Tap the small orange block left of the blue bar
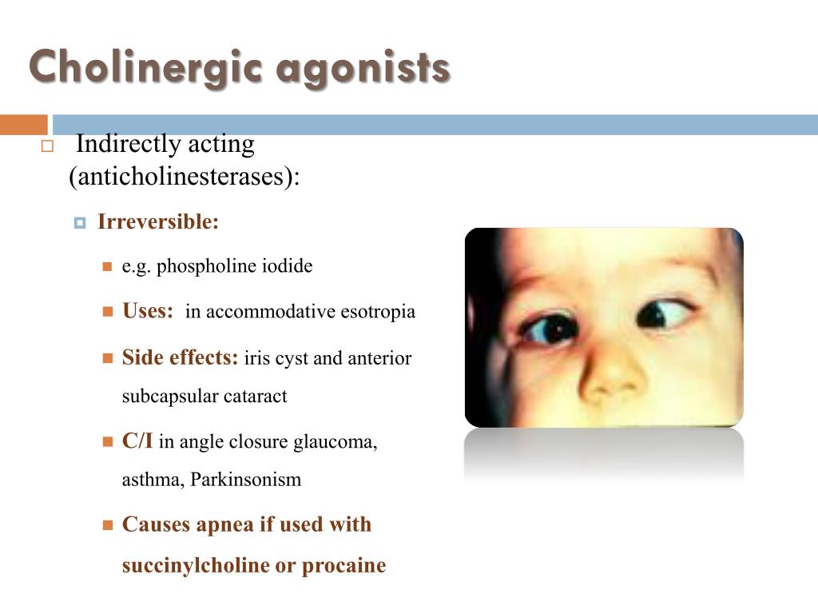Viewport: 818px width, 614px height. click(x=23, y=125)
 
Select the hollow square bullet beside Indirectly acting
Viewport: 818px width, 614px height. click(x=46, y=146)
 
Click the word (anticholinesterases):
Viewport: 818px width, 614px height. click(x=184, y=177)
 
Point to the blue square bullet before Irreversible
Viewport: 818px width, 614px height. click(x=79, y=223)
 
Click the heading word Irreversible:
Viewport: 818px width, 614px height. click(x=158, y=222)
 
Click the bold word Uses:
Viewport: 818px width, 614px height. click(x=148, y=311)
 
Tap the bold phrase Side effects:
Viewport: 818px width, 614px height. click(x=180, y=357)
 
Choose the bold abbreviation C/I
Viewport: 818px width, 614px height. click(x=137, y=441)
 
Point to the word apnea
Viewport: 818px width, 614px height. click(x=225, y=524)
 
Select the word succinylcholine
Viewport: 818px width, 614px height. click(x=195, y=565)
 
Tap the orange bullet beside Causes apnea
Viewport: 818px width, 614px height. click(x=108, y=525)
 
